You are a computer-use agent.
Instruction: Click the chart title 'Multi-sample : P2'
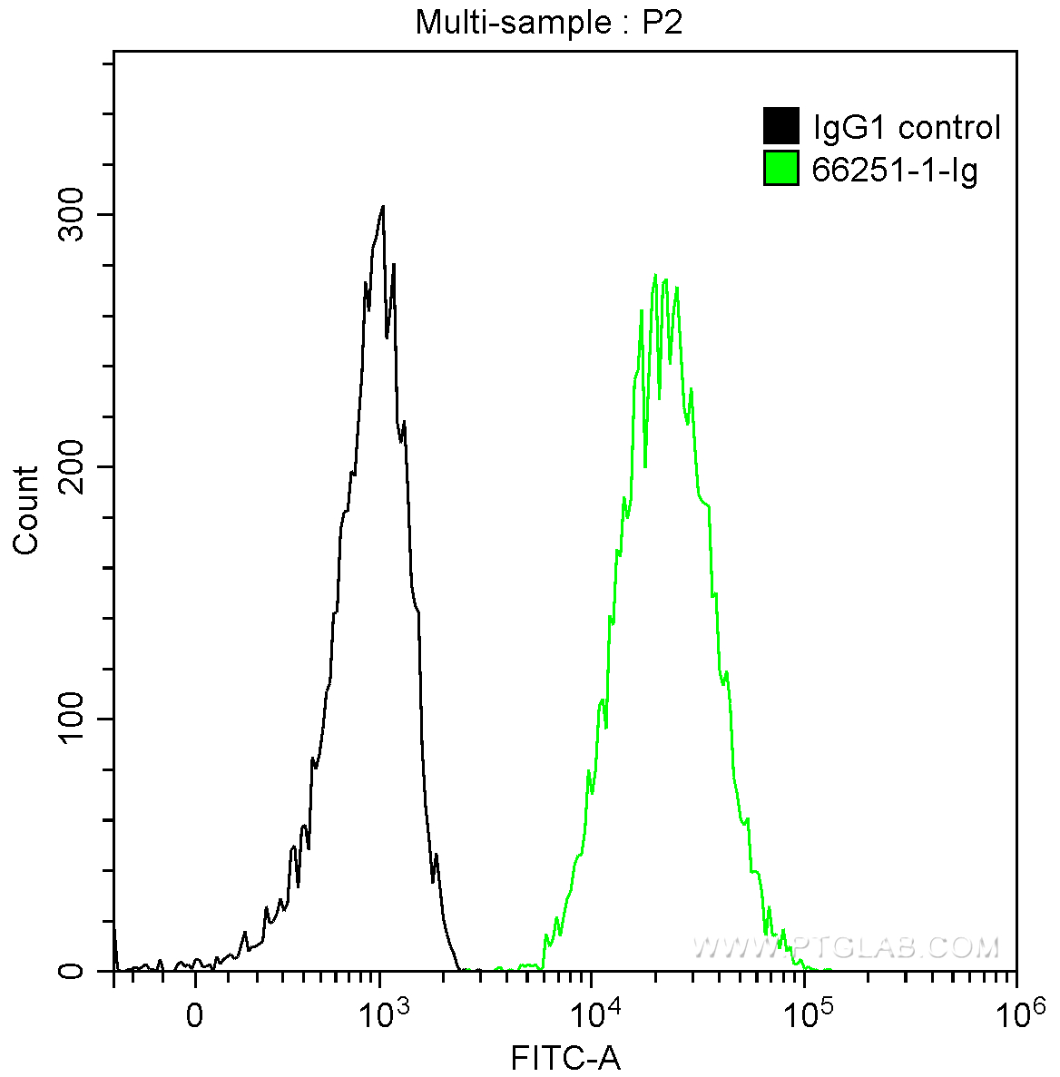[548, 23]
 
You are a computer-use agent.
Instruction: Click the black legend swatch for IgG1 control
[780, 126]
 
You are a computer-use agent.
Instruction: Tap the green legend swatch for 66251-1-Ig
[780, 169]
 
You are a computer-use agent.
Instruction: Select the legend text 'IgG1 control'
[907, 127]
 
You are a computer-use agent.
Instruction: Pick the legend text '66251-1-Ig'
[894, 170]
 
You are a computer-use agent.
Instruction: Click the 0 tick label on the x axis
[194, 1014]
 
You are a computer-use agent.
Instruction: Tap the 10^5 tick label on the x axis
[804, 1010]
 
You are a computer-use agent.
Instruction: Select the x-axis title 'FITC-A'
[565, 1058]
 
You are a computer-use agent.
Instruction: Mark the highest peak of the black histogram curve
[383, 207]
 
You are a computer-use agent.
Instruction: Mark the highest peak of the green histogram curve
[656, 276]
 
